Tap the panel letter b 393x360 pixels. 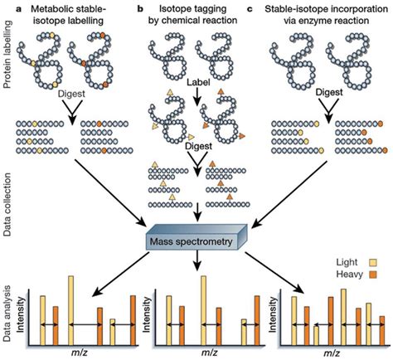coord(137,7)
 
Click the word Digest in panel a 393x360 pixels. coord(74,95)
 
